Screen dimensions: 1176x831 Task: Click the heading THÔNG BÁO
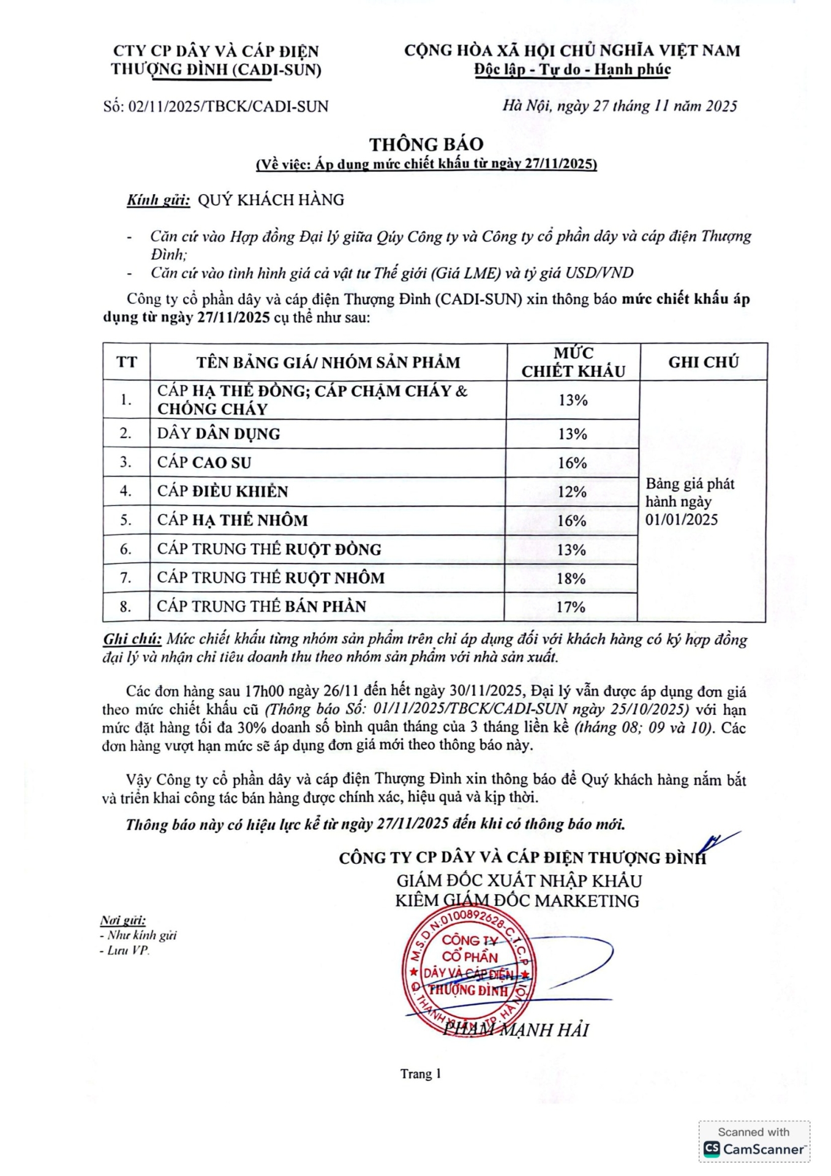pyautogui.click(x=426, y=145)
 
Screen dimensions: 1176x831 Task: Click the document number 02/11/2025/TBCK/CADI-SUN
pyautogui.click(x=228, y=107)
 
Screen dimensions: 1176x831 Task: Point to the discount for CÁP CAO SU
pyautogui.click(x=572, y=463)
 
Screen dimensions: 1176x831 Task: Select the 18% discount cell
pyautogui.click(x=571, y=578)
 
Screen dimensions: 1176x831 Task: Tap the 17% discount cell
pyautogui.click(x=571, y=607)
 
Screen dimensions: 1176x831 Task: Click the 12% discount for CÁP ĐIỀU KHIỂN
pyautogui.click(x=572, y=492)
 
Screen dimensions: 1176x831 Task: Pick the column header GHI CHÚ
pyautogui.click(x=703, y=362)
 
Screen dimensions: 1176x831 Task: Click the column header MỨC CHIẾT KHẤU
pyautogui.click(x=573, y=362)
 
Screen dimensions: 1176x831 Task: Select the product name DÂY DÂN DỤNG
pyautogui.click(x=219, y=434)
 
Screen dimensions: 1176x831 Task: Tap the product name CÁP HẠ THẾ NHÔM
pyautogui.click(x=233, y=520)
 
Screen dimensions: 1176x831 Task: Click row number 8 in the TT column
pyautogui.click(x=126, y=607)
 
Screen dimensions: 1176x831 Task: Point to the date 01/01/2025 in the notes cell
pyautogui.click(x=681, y=520)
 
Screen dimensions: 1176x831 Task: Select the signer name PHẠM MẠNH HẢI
pyautogui.click(x=516, y=1030)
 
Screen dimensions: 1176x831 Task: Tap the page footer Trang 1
pyautogui.click(x=421, y=1074)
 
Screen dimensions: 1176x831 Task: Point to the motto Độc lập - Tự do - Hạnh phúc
pyautogui.click(x=573, y=70)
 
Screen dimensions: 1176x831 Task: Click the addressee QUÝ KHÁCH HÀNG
pyautogui.click(x=271, y=200)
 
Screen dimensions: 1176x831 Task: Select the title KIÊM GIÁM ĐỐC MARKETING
pyautogui.click(x=517, y=901)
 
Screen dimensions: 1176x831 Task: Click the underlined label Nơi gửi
pyautogui.click(x=123, y=921)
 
